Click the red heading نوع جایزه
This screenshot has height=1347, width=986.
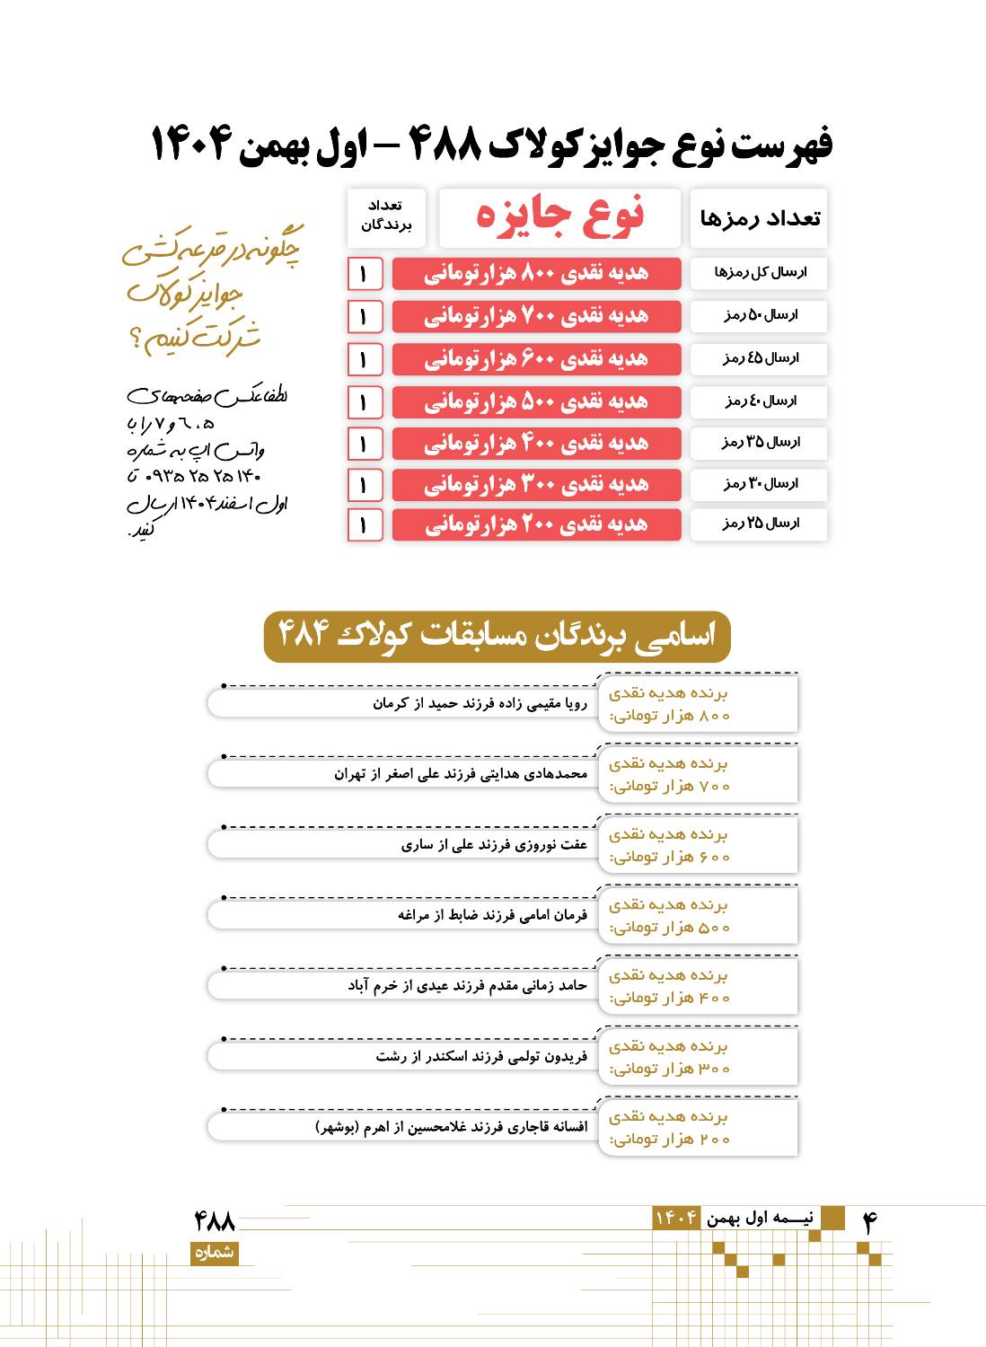[559, 216]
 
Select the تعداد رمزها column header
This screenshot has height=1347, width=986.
[759, 218]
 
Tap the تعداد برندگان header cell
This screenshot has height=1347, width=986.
[386, 216]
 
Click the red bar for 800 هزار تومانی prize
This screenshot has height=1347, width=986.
[536, 273]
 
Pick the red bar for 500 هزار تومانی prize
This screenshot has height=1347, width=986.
[536, 401]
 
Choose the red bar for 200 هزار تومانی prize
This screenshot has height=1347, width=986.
[536, 524]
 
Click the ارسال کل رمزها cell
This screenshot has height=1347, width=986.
[759, 273]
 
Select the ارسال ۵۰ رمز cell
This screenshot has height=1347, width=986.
[759, 316]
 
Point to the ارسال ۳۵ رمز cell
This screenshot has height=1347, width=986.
[759, 443]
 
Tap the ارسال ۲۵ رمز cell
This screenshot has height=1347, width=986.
[759, 524]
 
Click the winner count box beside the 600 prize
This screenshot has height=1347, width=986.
[365, 359]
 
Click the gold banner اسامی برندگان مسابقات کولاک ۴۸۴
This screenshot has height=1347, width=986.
[497, 637]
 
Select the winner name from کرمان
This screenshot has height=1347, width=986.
[480, 703]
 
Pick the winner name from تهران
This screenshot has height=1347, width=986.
[461, 774]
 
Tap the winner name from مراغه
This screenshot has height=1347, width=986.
[492, 915]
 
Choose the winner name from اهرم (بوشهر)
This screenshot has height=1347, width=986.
[452, 1127]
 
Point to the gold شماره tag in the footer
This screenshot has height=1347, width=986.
[214, 1254]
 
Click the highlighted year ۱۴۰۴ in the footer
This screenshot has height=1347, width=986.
[676, 1219]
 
